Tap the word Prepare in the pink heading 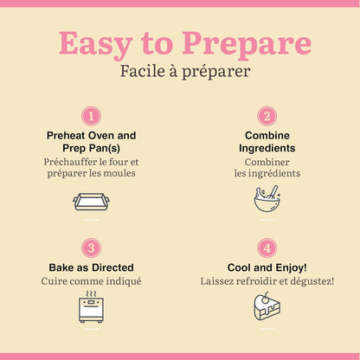[247, 44]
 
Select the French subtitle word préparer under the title [216, 72]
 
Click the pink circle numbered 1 [91, 116]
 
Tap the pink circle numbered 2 [267, 116]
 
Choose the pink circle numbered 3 [91, 247]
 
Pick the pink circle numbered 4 [267, 247]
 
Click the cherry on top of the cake [265, 299]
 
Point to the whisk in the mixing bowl [272, 192]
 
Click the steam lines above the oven [91, 294]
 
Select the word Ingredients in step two [267, 148]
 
